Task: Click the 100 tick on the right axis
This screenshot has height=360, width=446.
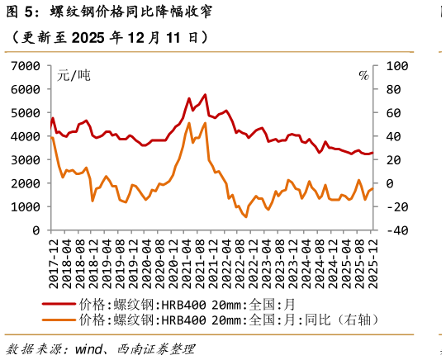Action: coord(396,65)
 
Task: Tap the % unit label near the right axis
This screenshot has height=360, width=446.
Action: coord(363,75)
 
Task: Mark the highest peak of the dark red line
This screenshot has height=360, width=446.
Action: coord(205,95)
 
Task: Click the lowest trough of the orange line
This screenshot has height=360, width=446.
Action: coord(245,217)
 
